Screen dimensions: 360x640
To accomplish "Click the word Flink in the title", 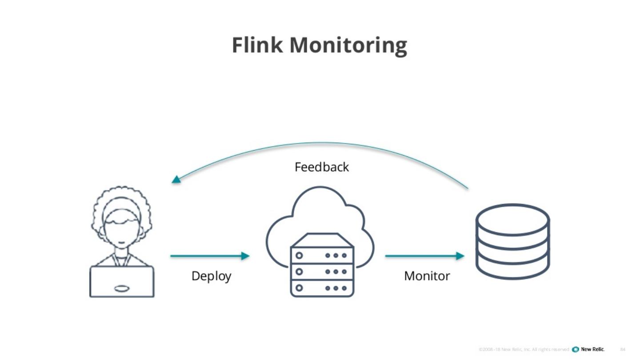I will pyautogui.click(x=257, y=45).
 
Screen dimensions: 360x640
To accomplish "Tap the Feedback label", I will pyautogui.click(x=322, y=167).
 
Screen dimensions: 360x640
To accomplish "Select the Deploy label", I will pyautogui.click(x=211, y=276).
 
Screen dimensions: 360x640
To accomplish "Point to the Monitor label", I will pyautogui.click(x=427, y=276).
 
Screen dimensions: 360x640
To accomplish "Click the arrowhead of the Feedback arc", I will pyautogui.click(x=176, y=180).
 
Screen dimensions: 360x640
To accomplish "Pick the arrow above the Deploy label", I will pyautogui.click(x=209, y=256).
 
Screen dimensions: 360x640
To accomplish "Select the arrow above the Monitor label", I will pyautogui.click(x=424, y=256).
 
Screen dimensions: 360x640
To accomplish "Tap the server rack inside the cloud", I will pyautogui.click(x=322, y=267).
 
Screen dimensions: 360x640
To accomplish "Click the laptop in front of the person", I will pyautogui.click(x=122, y=282).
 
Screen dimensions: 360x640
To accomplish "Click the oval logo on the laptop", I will pyautogui.click(x=122, y=288).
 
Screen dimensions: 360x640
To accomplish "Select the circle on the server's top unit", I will pyautogui.click(x=299, y=256).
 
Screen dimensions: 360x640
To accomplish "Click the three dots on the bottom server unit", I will pyautogui.click(x=336, y=288).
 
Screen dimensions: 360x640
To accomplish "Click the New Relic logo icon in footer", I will pyautogui.click(x=576, y=349).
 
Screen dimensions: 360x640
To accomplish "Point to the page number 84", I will pyautogui.click(x=623, y=349).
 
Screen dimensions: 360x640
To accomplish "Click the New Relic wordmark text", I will pyautogui.click(x=593, y=349).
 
